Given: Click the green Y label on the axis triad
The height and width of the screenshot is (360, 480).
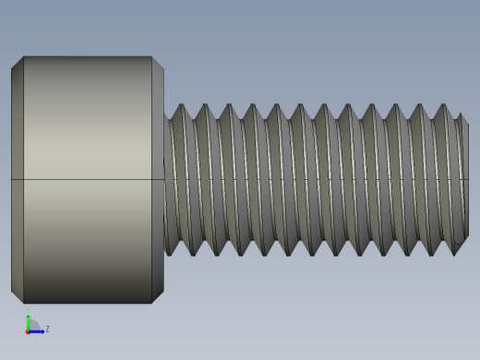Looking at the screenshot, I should [28, 311].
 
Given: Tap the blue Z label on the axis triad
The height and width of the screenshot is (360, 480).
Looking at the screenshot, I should [47, 329].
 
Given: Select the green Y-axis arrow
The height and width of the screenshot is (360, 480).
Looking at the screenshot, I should [28, 321].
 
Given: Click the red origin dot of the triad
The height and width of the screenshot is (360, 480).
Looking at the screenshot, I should [28, 330].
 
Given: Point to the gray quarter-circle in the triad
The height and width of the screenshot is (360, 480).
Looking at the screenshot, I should [33, 325].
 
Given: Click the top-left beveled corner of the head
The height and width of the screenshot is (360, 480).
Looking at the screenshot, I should [17, 63].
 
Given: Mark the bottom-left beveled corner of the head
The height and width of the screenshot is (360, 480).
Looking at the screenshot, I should [17, 296].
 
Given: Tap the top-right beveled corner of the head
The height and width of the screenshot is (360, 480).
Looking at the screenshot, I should [158, 63].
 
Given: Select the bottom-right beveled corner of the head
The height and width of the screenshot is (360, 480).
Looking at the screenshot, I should [158, 296].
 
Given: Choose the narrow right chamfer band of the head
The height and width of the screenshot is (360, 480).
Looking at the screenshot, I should [158, 138].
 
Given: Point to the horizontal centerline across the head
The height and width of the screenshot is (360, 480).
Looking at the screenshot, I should [88, 179].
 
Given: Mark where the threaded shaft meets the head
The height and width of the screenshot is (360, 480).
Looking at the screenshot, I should [165, 180].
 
